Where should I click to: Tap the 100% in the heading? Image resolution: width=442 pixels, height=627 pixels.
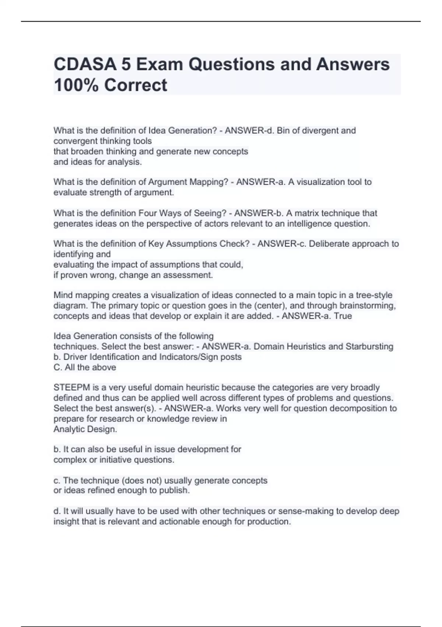[x=75, y=85]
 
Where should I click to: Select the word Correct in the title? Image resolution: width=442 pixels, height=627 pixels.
[x=136, y=85]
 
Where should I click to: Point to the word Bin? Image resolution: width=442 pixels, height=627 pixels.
[x=284, y=131]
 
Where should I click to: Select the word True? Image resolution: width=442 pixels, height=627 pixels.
[x=343, y=316]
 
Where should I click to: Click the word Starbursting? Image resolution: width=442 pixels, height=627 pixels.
[x=369, y=347]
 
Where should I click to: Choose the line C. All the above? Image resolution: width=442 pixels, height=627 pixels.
[x=85, y=367]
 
